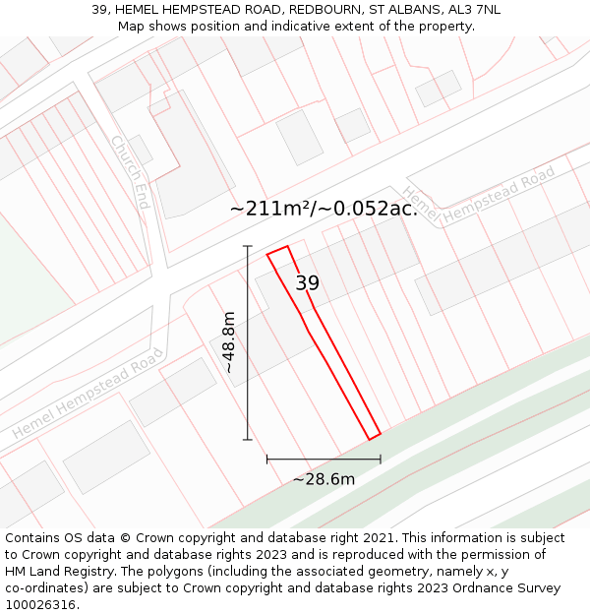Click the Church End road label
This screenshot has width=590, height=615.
(130, 166)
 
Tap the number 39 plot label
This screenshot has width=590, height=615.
(308, 283)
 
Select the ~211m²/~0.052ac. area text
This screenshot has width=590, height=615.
(324, 209)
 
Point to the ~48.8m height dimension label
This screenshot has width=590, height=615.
(229, 342)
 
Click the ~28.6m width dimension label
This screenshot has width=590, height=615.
(324, 479)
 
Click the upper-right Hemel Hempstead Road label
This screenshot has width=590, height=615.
(479, 194)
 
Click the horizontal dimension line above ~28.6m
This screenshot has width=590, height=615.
(324, 459)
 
